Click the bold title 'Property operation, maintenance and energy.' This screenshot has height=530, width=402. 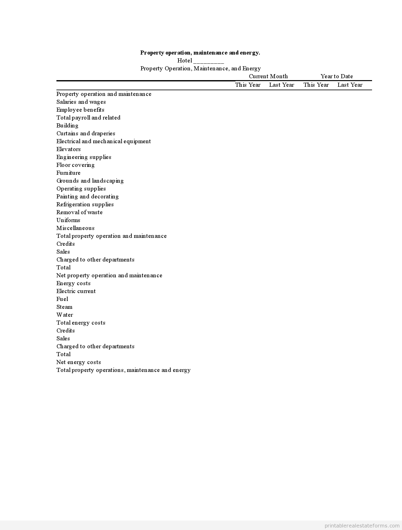pyautogui.click(x=200, y=53)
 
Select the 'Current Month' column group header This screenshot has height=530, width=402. pyautogui.click(x=268, y=76)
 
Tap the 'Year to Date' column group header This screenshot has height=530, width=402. pyautogui.click(x=337, y=76)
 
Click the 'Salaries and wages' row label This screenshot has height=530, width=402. pyautogui.click(x=81, y=102)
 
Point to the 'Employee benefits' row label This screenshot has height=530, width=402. pyautogui.click(x=80, y=110)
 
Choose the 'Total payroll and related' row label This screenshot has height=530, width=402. pyautogui.click(x=88, y=118)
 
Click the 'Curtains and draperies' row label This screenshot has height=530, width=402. pyautogui.click(x=86, y=133)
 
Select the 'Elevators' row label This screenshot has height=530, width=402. pyautogui.click(x=68, y=149)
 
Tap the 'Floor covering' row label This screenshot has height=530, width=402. pyautogui.click(x=75, y=165)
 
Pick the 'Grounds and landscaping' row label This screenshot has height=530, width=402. pyautogui.click(x=90, y=181)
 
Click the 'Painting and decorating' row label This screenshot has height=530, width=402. pyautogui.click(x=88, y=197)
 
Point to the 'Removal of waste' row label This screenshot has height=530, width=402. pyautogui.click(x=79, y=212)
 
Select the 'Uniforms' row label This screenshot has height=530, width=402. pyautogui.click(x=68, y=220)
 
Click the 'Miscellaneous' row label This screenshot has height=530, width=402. pyautogui.click(x=75, y=228)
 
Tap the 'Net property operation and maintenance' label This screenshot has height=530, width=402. pyautogui.click(x=109, y=275)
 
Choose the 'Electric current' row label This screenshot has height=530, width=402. pyautogui.click(x=76, y=291)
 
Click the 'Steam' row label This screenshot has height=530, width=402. pyautogui.click(x=64, y=307)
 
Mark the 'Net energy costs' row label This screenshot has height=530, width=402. pyautogui.click(x=79, y=362)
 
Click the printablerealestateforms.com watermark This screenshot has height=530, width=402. pyautogui.click(x=362, y=526)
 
